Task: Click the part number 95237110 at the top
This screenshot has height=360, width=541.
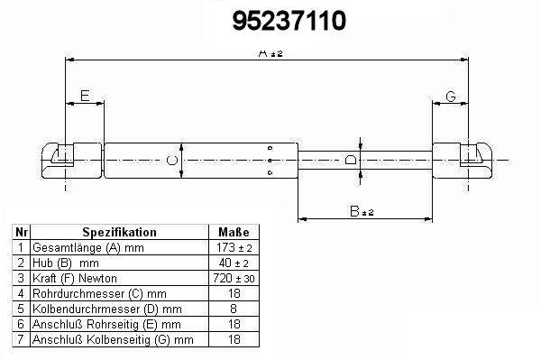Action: pos(289,21)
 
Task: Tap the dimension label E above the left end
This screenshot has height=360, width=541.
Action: pos(85,96)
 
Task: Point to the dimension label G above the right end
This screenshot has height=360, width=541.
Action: pos(451,97)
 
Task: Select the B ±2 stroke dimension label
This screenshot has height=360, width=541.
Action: pos(362,211)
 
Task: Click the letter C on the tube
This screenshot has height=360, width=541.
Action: pos(172,161)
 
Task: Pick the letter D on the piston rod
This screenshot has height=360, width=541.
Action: pos(351,160)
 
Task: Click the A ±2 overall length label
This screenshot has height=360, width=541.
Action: pos(270,53)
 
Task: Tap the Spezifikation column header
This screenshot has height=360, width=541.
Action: pos(119,232)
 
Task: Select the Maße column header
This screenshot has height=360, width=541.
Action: pos(234,232)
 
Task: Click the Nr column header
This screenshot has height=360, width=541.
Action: pos(22,232)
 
